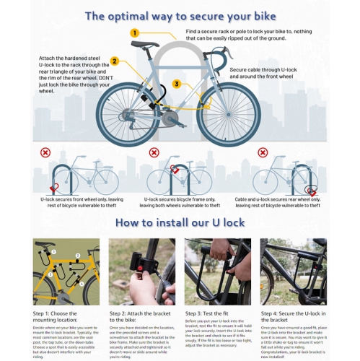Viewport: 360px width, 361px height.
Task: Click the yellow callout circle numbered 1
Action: point(134,32)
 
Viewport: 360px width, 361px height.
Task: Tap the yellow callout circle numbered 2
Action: point(114,61)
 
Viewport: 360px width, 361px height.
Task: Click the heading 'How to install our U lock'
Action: point(180,222)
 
